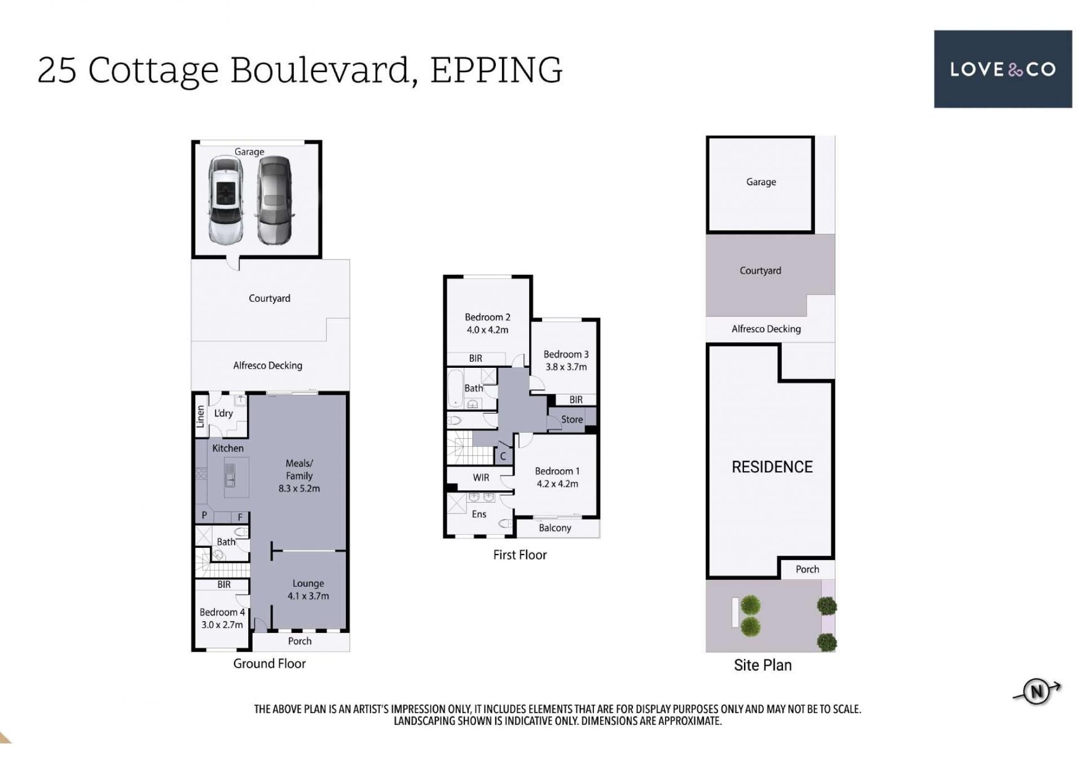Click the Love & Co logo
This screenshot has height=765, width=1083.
[1002, 69]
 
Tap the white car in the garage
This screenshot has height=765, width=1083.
[226, 200]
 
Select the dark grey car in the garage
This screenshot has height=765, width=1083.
[275, 200]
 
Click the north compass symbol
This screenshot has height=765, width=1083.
[1037, 691]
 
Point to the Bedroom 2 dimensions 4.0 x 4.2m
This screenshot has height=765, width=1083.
[487, 330]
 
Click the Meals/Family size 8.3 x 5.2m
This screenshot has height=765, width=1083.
[299, 489]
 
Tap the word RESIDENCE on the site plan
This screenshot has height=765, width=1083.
[772, 467]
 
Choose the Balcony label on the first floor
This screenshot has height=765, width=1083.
[555, 528]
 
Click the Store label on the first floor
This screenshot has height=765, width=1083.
[572, 420]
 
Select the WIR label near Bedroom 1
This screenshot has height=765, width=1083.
[481, 478]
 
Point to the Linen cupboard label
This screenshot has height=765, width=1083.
[200, 416]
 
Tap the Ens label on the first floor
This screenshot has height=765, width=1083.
[479, 514]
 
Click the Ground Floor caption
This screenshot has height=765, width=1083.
[270, 663]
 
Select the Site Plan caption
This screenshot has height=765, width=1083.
[763, 665]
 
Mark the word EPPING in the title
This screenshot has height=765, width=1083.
[496, 71]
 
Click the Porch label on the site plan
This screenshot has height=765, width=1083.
[807, 569]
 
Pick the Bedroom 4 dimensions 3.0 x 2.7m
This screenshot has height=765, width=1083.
[222, 625]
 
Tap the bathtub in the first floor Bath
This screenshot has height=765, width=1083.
[455, 388]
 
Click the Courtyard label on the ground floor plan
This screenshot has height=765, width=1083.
[270, 298]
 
